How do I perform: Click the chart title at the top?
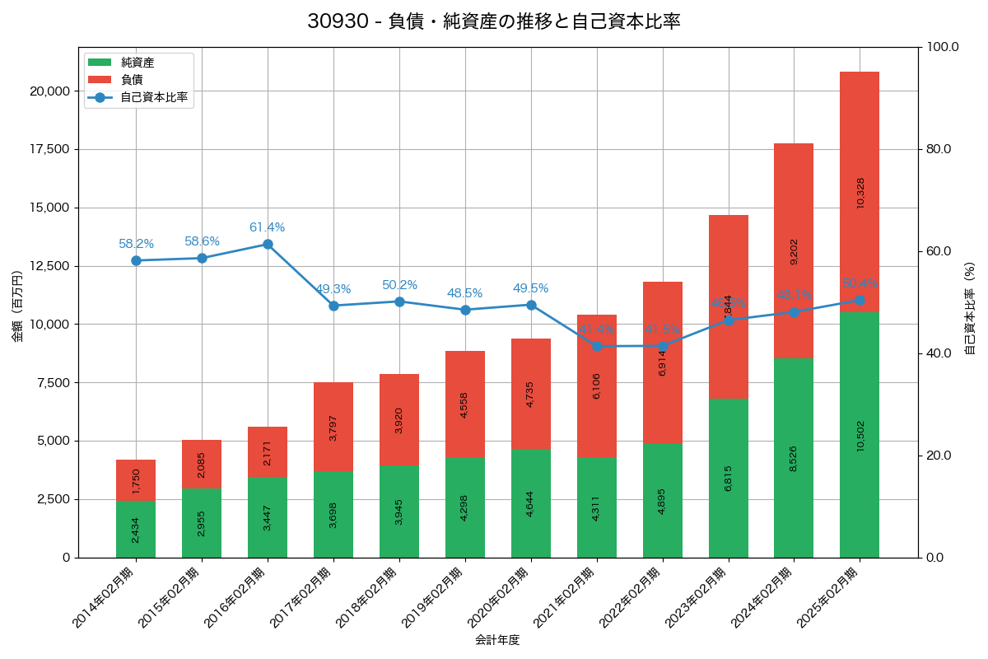pos(494,21)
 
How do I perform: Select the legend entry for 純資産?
pos(137,63)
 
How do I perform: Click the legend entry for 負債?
pos(132,80)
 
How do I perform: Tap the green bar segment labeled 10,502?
pos(860,435)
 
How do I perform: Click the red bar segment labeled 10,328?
pos(860,192)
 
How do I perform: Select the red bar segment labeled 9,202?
pos(794,251)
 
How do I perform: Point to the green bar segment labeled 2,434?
pos(136,529)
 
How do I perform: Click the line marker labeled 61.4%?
pos(268,244)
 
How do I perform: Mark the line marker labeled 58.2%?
pos(136,260)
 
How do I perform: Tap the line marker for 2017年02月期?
pos(333,306)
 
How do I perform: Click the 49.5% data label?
pos(530,288)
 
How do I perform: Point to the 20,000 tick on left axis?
pos(49,91)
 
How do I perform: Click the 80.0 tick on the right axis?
pos(938,149)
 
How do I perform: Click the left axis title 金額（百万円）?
pos(17,306)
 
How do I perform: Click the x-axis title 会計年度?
pos(497,640)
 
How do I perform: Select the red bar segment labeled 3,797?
pos(333,427)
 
